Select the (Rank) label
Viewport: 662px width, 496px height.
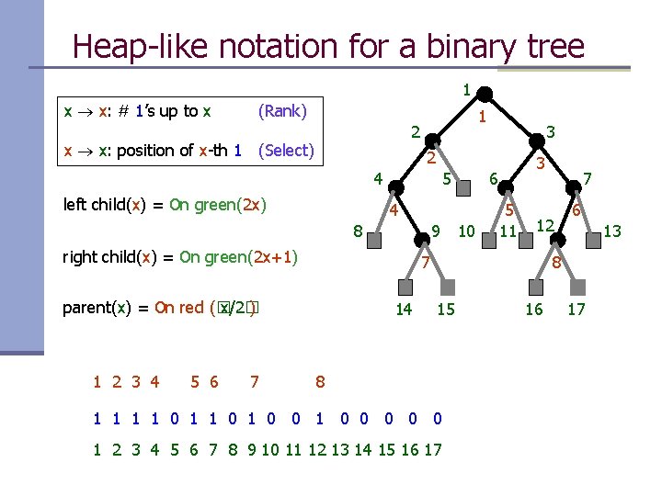(282, 111)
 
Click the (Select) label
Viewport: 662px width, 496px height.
(287, 150)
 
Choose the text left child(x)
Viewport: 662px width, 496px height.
(104, 205)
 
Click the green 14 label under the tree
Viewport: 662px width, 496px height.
(404, 310)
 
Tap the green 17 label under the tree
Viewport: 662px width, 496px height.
(576, 310)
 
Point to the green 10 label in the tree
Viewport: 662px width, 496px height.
(466, 231)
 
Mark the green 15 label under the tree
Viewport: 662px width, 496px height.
(446, 310)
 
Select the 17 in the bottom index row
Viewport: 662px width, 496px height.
(432, 450)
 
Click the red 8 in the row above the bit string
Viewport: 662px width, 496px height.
(319, 381)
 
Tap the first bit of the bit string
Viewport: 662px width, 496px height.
(97, 419)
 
